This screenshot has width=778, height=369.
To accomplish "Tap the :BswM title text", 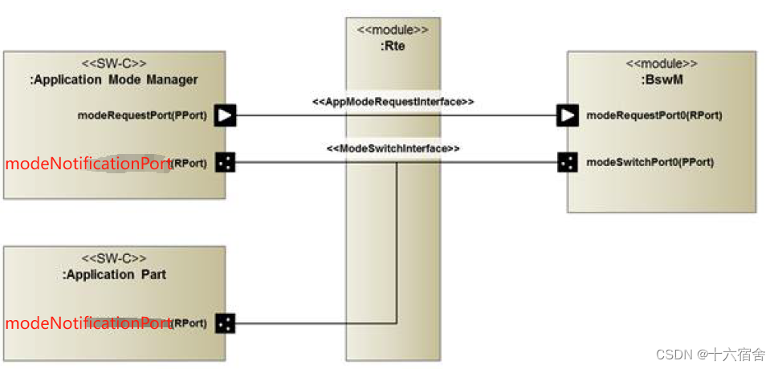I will coord(661,79).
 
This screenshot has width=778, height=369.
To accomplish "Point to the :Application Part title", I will coord(114,274).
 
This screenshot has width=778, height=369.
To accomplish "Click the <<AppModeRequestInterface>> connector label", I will coord(393,103).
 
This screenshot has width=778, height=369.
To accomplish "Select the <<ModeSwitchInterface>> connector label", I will coord(393,149).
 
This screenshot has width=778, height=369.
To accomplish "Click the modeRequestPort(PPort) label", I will coord(142,116).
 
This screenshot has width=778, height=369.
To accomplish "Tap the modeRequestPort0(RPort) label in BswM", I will coord(654,116).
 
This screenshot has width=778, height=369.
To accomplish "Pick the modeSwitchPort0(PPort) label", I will coord(650,162).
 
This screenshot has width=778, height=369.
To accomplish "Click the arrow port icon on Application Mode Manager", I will coord(226,116).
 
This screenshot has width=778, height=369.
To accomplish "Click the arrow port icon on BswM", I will coord(568,116).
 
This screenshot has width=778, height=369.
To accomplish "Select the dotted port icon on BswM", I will coord(568,163).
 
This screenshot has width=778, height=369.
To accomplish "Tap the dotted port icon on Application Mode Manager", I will coord(226,163).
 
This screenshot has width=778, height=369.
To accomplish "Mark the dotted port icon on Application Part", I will coord(226,323).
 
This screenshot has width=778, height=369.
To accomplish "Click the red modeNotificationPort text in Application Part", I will coord(88,323).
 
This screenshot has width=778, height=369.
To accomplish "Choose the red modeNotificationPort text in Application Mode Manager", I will coord(88,164).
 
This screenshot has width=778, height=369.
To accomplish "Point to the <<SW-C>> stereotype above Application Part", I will coord(114,259).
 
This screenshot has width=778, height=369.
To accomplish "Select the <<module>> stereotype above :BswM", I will coord(661,63).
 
